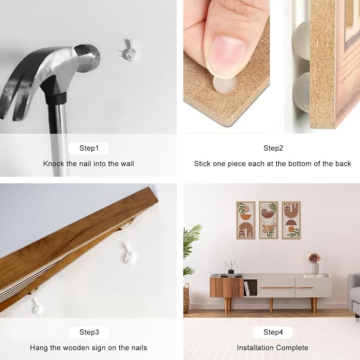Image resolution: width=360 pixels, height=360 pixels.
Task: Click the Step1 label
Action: tap(89, 148)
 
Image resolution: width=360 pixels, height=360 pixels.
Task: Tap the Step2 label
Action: tap(273, 148)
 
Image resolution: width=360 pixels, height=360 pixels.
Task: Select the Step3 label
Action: tap(89, 332)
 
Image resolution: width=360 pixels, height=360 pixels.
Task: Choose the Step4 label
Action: tap(273, 332)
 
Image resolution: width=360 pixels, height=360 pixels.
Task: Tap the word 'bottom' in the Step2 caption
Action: tap(302, 164)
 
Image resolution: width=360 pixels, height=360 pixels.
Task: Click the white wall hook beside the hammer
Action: tap(128, 51)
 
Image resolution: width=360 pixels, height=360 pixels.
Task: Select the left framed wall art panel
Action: tap(246, 221)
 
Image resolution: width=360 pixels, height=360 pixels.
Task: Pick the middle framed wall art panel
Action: tap(269, 221)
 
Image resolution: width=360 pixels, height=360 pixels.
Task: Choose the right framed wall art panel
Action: tap(292, 221)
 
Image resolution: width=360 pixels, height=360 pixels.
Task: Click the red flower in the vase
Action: tap(314, 258)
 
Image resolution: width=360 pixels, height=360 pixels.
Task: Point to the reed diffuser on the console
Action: tap(231, 267)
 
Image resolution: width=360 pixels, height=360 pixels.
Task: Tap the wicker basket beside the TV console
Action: tap(187, 298)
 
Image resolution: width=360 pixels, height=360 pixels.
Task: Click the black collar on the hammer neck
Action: tap(56, 98)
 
